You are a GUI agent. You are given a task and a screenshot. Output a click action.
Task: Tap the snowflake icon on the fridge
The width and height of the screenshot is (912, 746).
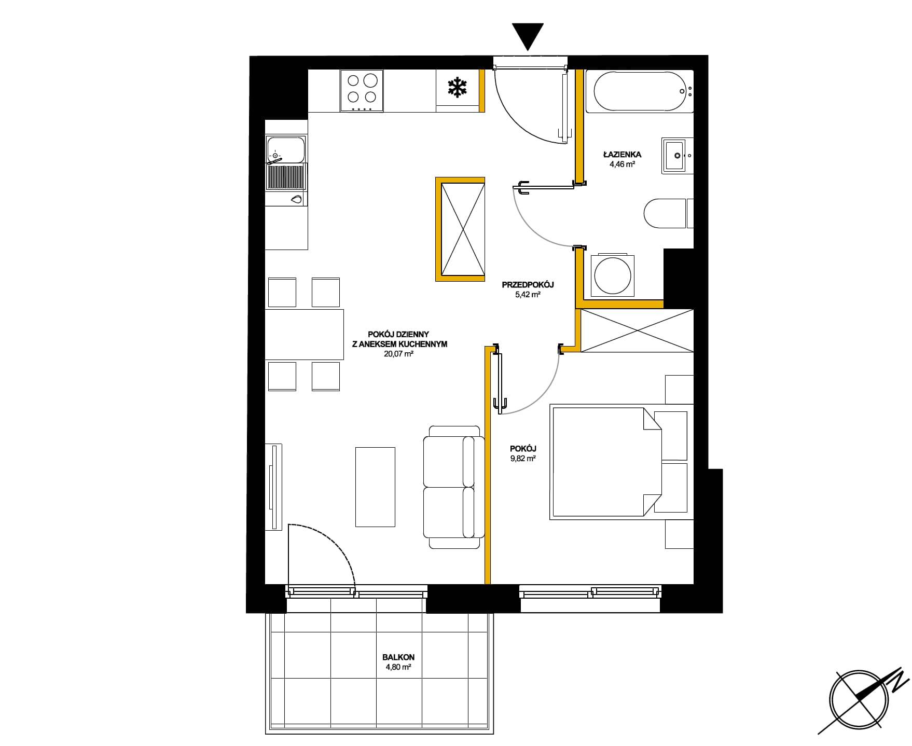(x=457, y=88)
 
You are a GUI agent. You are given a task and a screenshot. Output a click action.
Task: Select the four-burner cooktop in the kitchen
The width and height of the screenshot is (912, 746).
(x=362, y=91)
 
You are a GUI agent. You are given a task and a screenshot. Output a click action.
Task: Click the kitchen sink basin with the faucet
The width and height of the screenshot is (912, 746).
(x=285, y=149)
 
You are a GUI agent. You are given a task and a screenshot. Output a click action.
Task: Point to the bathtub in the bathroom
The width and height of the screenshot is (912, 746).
(x=640, y=91)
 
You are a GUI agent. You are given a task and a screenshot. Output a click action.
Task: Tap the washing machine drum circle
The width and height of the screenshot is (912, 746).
(x=613, y=275)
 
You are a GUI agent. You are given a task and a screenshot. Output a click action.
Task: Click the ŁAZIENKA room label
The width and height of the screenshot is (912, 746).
(x=623, y=154)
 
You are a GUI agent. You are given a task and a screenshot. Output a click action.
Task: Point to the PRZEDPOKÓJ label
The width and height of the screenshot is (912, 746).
(x=528, y=285)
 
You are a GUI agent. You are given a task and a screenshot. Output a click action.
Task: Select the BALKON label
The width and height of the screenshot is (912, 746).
(x=398, y=657)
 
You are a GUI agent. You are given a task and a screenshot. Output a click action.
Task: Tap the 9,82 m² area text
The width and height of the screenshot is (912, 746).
(x=523, y=459)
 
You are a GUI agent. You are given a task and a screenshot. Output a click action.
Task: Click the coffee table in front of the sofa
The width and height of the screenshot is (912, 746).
(x=375, y=487)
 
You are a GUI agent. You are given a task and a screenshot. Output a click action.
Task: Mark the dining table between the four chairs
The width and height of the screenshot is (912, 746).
(x=305, y=335)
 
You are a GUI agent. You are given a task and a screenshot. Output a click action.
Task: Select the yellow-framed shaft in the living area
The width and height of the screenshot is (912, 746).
(x=460, y=229)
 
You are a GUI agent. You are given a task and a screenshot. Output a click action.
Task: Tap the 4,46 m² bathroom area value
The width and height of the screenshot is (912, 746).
(x=623, y=164)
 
